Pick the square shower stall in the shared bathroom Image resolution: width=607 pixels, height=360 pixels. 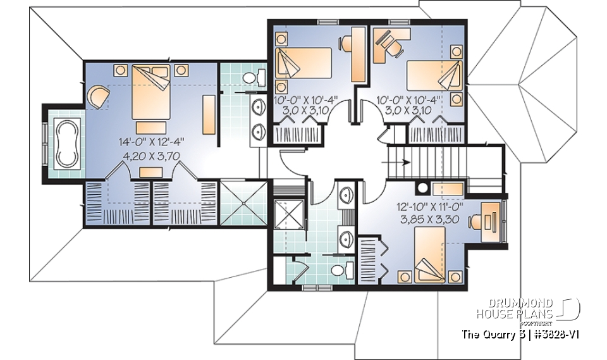(x=286, y=215)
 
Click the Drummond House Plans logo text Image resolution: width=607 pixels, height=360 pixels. (x=515, y=307)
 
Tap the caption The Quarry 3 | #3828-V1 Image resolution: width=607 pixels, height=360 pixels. (x=515, y=334)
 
